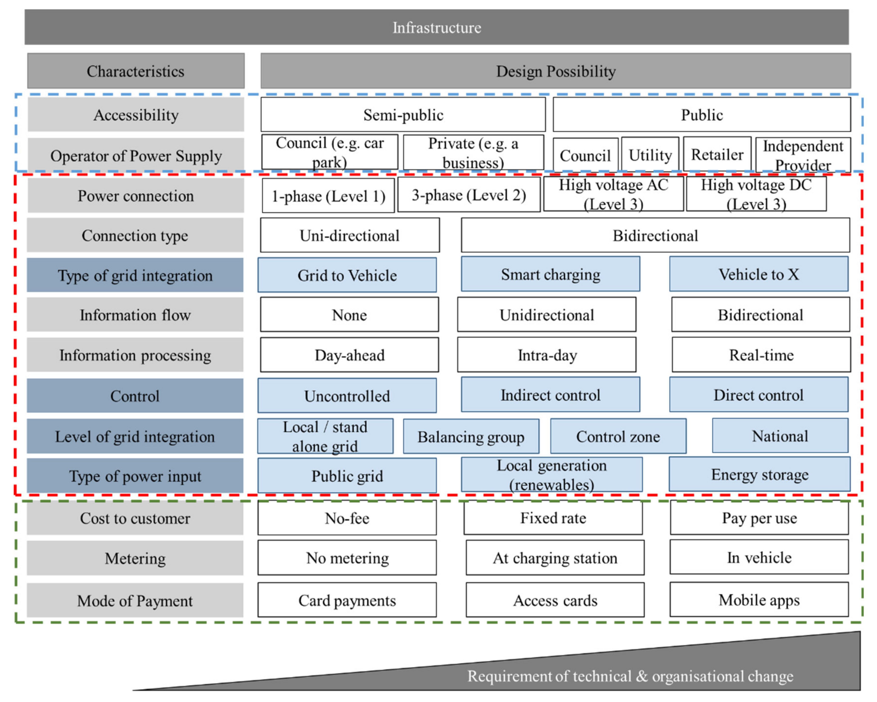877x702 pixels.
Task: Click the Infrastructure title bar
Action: tap(437, 27)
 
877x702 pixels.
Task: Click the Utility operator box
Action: tap(650, 155)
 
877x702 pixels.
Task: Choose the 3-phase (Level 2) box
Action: tap(469, 195)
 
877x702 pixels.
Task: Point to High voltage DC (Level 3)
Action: tap(756, 194)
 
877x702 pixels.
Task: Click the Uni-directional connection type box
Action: tap(349, 235)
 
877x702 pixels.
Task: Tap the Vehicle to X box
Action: tap(759, 274)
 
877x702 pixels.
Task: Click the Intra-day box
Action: tap(546, 355)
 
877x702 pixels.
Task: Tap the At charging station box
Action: tap(555, 557)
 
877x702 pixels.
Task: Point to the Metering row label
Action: tap(135, 558)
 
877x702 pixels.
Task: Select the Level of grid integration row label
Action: tap(135, 436)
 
